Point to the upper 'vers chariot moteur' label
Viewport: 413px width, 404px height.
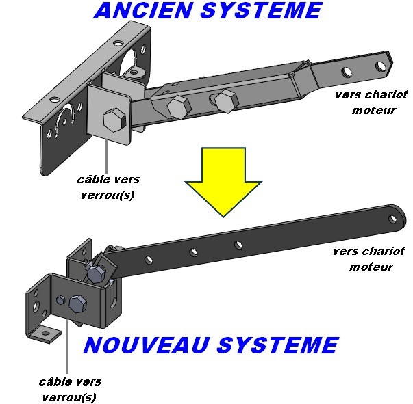(x=367, y=102)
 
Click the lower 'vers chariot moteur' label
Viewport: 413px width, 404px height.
(x=368, y=258)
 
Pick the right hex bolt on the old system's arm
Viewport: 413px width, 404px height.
(x=224, y=100)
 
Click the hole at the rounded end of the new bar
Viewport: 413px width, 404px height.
(x=394, y=219)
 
